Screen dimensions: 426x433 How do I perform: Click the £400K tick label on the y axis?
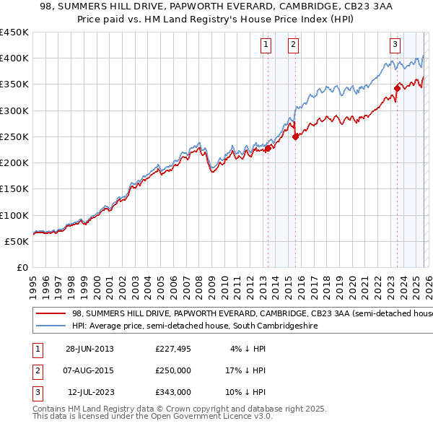(x=14, y=58)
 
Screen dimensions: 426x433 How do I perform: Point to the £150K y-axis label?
(x=14, y=188)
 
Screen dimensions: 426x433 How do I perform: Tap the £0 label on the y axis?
(x=22, y=267)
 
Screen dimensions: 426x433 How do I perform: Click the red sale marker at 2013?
(x=268, y=149)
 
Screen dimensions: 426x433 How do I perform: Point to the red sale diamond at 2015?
(x=294, y=136)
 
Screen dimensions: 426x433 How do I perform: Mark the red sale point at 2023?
(x=396, y=88)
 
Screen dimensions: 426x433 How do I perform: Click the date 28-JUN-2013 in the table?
(x=89, y=349)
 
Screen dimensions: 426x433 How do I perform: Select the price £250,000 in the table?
(x=173, y=370)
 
